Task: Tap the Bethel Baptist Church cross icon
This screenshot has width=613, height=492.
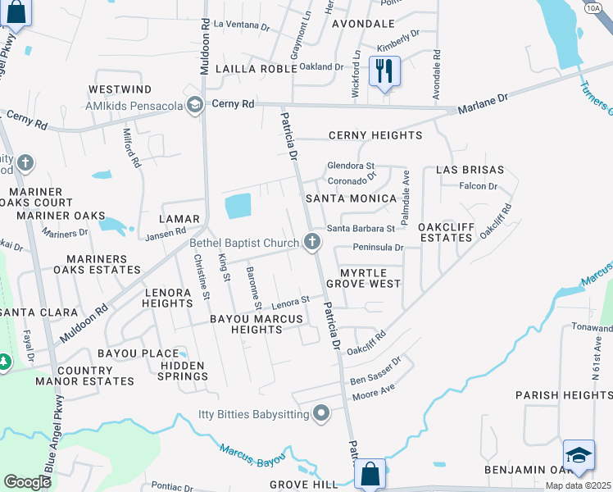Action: click(311, 241)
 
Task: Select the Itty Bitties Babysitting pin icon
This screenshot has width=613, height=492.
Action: click(321, 414)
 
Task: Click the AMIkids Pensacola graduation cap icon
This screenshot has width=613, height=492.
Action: click(194, 104)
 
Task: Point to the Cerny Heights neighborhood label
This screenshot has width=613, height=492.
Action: click(375, 135)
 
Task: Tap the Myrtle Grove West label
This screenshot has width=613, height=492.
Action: click(363, 277)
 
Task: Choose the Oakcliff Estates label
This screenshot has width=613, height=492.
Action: click(445, 232)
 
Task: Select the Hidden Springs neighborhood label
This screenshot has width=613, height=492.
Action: click(184, 371)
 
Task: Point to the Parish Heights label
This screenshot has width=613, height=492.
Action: click(564, 395)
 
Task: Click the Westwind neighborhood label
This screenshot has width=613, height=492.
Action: click(120, 89)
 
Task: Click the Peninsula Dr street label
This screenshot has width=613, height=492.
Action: click(379, 247)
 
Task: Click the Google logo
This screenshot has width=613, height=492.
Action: click(27, 482)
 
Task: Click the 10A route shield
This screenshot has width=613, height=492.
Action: click(593, 6)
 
